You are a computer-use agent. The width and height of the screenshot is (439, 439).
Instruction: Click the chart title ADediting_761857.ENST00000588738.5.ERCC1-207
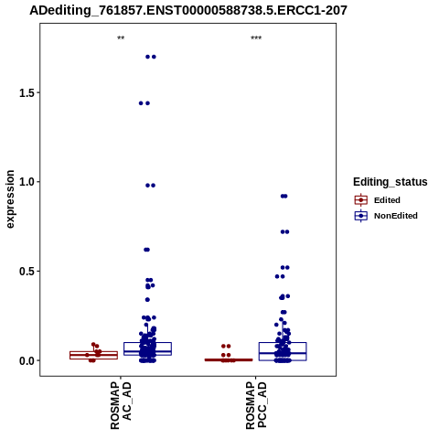coord(188,10)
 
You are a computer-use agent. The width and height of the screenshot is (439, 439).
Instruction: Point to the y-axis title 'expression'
coord(10,199)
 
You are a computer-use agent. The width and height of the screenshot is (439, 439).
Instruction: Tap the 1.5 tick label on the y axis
coord(26,93)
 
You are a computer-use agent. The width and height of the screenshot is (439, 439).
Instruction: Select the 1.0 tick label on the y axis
coord(26,182)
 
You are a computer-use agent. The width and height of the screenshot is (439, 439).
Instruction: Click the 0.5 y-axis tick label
coord(26,272)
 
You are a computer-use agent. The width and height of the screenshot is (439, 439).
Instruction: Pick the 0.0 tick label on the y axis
coord(26,360)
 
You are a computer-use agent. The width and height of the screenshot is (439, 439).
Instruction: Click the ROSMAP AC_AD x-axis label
coord(121,405)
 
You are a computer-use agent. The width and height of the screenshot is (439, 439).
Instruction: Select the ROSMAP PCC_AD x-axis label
coord(256,405)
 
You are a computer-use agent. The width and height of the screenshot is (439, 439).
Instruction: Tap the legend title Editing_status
coord(391,182)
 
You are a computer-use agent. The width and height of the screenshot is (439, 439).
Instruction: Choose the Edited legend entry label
coord(387,200)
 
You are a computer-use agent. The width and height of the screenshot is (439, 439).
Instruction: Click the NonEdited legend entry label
coord(396,216)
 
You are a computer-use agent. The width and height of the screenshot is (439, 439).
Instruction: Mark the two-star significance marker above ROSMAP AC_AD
coord(121,38)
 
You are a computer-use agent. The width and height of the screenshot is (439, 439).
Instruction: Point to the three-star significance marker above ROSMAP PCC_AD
coord(256,38)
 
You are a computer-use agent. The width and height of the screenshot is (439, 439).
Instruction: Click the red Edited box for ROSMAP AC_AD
coord(93,355)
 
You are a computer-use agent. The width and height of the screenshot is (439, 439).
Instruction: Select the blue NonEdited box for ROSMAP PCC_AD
coord(283,351)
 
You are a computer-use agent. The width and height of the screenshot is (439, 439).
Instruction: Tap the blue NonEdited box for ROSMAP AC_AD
coord(147,348)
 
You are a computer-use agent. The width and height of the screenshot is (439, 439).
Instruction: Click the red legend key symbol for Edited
coord(361,200)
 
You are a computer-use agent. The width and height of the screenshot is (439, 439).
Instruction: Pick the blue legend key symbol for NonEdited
coord(361,216)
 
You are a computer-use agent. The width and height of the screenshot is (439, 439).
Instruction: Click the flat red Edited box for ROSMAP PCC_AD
coord(229,359)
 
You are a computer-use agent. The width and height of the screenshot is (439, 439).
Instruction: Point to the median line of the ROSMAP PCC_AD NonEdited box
coord(283,353)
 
